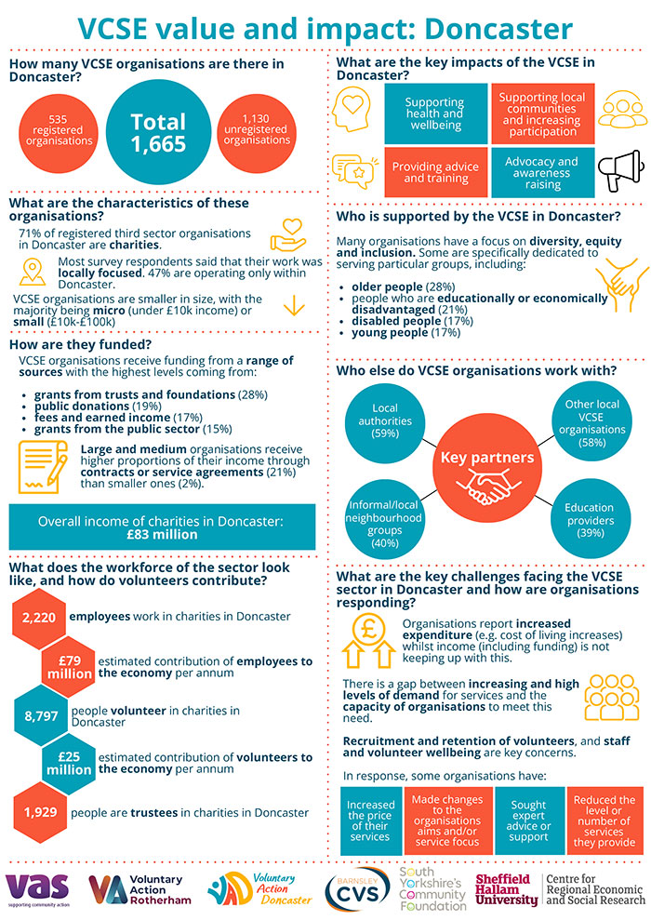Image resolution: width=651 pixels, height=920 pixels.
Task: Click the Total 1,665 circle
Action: coord(158,132)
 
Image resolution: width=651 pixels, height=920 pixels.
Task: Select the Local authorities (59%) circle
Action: coord(384,420)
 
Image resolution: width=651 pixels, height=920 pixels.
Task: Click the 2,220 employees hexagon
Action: coord(40,617)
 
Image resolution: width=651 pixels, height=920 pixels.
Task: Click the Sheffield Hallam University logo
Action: coord(506,887)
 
